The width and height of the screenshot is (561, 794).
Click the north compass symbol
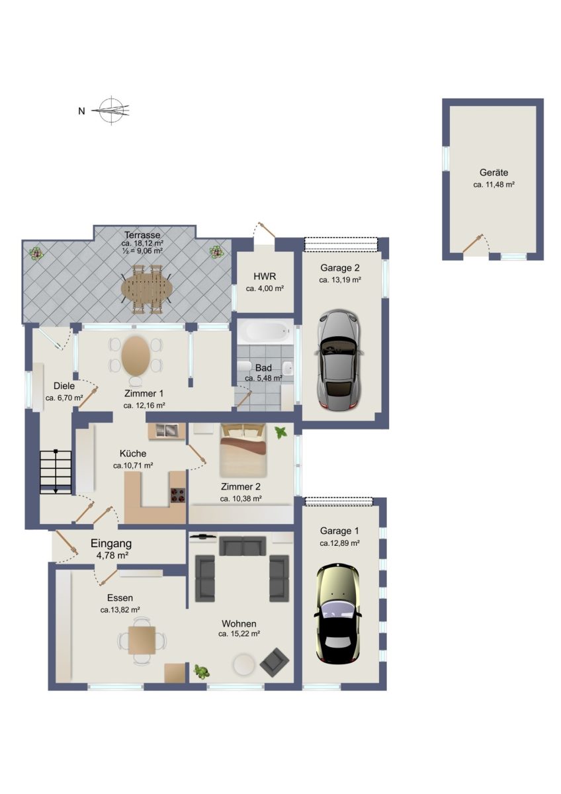[x=112, y=110]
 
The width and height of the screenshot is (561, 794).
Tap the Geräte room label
[x=494, y=173]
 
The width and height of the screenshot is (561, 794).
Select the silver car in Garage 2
[x=339, y=359]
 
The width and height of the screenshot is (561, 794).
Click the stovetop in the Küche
[x=178, y=495]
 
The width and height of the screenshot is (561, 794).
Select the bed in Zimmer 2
[x=243, y=450]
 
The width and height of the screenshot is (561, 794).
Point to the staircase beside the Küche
[x=56, y=472]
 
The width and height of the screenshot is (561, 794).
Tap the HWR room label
[x=265, y=276]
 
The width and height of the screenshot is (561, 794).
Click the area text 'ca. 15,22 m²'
[x=239, y=634]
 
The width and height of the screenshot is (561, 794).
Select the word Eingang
[x=111, y=543]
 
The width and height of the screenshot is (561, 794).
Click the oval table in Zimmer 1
[x=135, y=355]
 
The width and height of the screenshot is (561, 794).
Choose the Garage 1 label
[x=339, y=531]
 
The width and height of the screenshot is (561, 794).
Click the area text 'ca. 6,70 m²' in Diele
[x=64, y=398]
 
